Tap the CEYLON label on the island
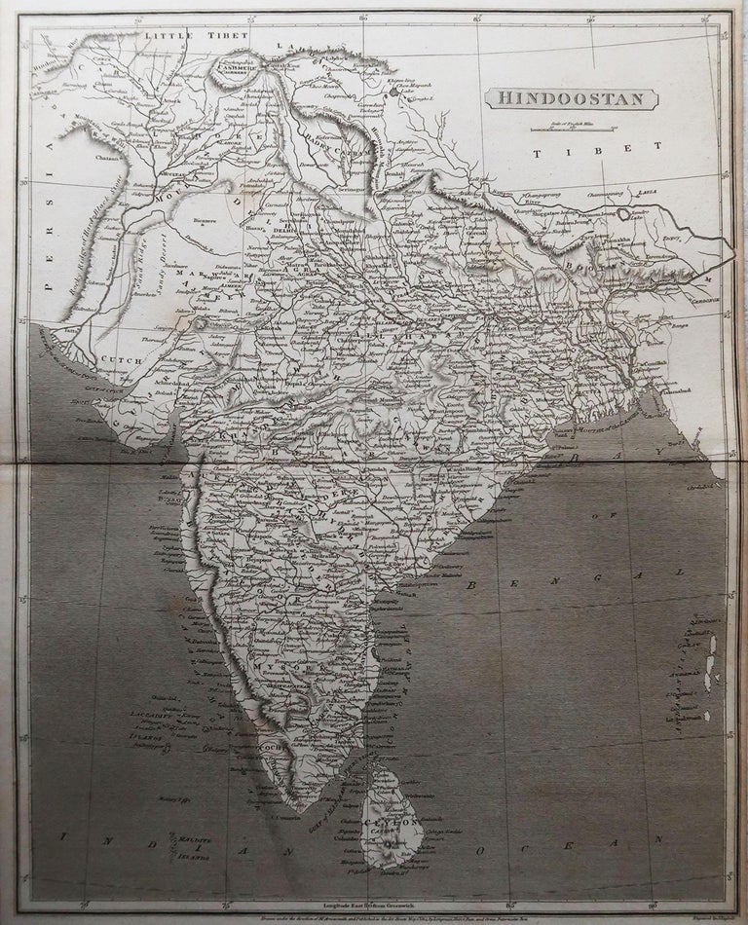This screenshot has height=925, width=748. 401,823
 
